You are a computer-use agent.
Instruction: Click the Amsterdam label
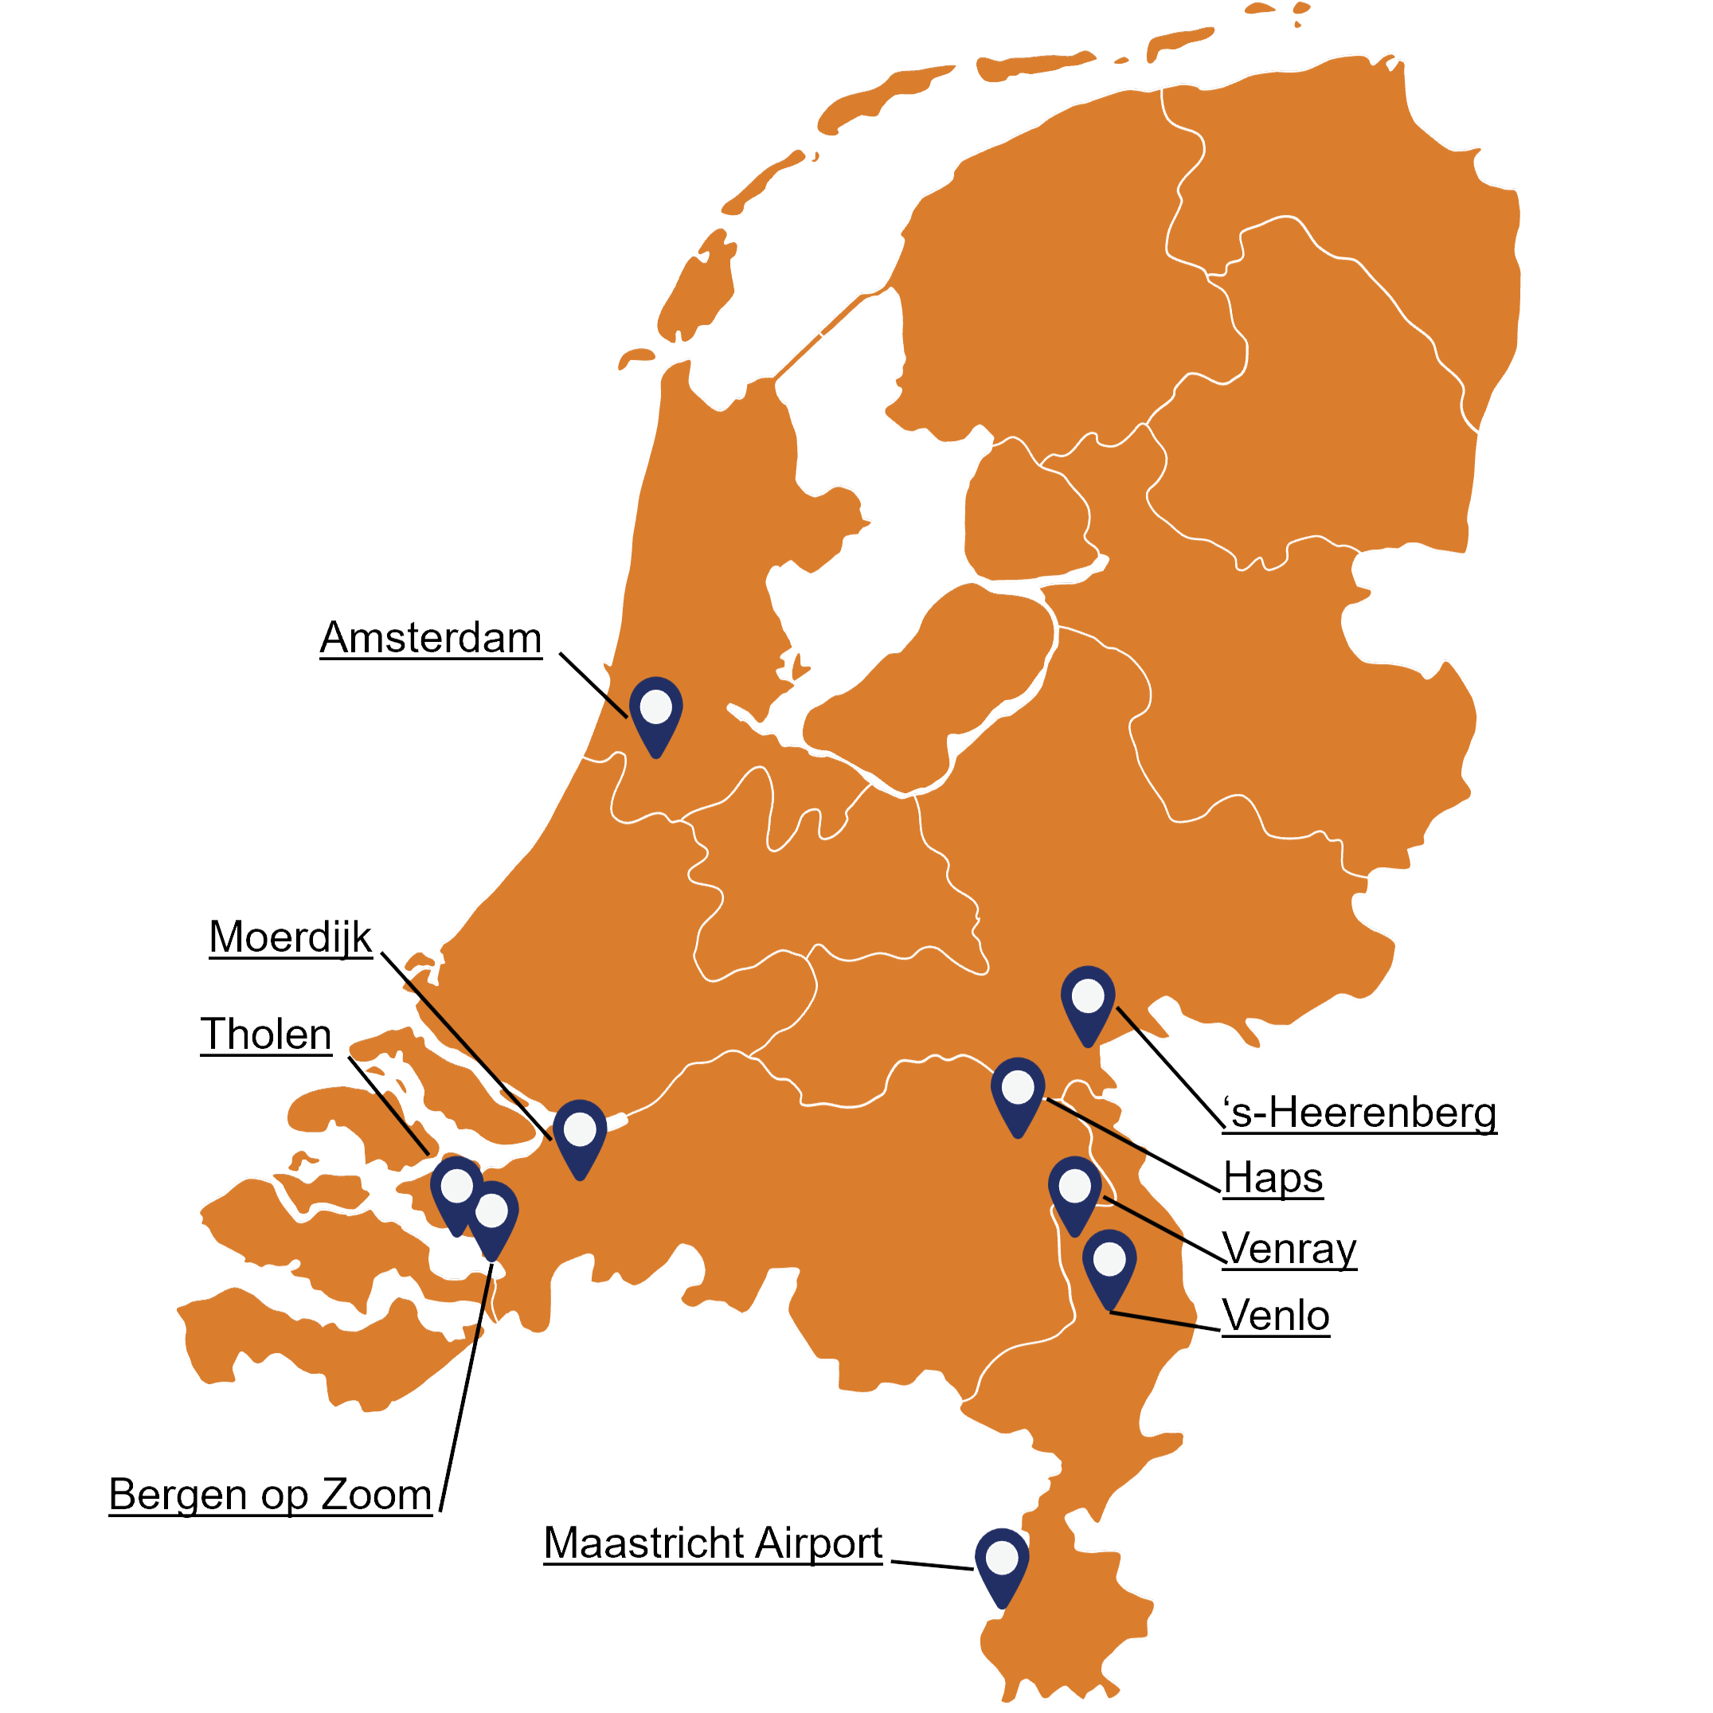click(431, 639)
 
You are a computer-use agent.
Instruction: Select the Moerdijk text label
click(291, 937)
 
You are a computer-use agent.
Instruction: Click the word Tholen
click(266, 1034)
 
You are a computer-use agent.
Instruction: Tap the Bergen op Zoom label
click(271, 1495)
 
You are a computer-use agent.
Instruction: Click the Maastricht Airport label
click(713, 1543)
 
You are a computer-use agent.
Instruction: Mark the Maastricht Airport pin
click(1002, 1561)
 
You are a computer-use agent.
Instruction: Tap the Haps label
click(1273, 1179)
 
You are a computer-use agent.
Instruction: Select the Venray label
click(1289, 1249)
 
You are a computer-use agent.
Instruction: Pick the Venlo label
click(1276, 1316)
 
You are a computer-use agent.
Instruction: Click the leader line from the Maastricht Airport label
click(931, 1564)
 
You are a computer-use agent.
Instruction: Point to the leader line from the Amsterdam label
click(594, 686)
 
